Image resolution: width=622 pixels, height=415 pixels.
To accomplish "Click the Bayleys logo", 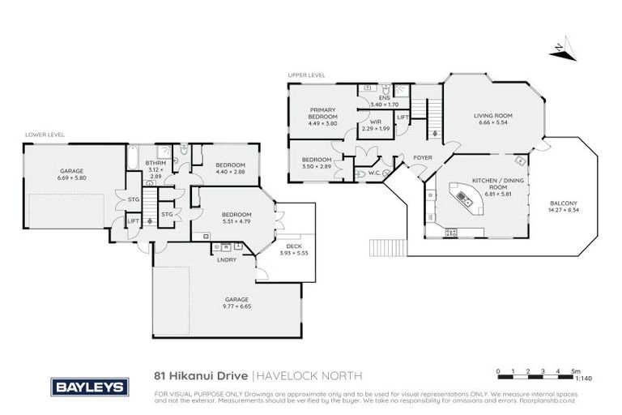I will coord(89,387).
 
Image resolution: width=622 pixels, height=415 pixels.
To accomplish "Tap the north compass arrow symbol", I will coord(558,50).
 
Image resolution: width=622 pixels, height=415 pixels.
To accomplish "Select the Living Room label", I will coord(493,115).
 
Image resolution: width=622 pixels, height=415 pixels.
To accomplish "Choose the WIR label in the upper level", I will coord(376,123).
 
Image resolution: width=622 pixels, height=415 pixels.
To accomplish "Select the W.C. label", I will coord(375,172).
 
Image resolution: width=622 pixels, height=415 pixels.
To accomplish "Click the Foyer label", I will coord(422,157).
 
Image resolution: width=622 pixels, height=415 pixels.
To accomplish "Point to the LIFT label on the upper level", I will coord(403,117).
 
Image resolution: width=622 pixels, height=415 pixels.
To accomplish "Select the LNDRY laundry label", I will coord(226,259).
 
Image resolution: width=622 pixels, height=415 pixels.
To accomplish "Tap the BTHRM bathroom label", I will coord(155,162).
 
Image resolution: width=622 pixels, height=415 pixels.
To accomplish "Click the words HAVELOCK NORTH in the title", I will coord(310,375).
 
